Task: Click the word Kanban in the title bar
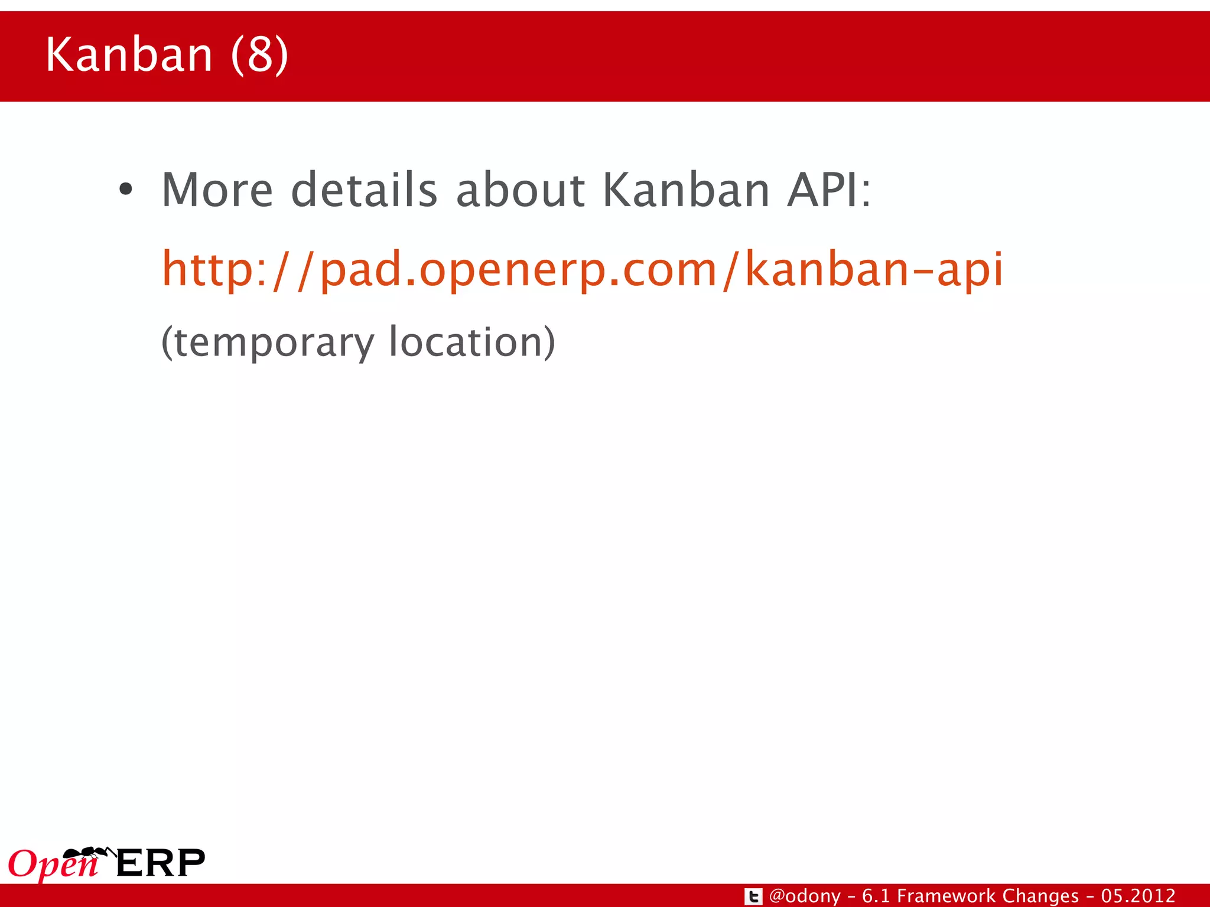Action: pyautogui.click(x=129, y=54)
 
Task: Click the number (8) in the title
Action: pyautogui.click(x=260, y=54)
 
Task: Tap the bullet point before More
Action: pyautogui.click(x=125, y=190)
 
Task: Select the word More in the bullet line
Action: pyautogui.click(x=217, y=190)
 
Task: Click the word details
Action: pyautogui.click(x=365, y=190)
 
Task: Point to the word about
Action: pyautogui.click(x=521, y=190)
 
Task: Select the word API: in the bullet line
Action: pyautogui.click(x=828, y=190)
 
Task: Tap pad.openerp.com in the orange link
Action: pyautogui.click(x=518, y=269)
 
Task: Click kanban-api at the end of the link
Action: pyautogui.click(x=873, y=269)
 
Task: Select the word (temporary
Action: pyautogui.click(x=268, y=342)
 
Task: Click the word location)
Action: pyautogui.click(x=472, y=342)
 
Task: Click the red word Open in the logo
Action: pyautogui.click(x=52, y=866)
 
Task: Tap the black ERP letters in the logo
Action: pyautogui.click(x=161, y=863)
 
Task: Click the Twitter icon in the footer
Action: pyautogui.click(x=753, y=896)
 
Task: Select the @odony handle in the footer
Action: pyautogui.click(x=805, y=896)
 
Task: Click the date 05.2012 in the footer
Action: pyautogui.click(x=1138, y=896)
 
